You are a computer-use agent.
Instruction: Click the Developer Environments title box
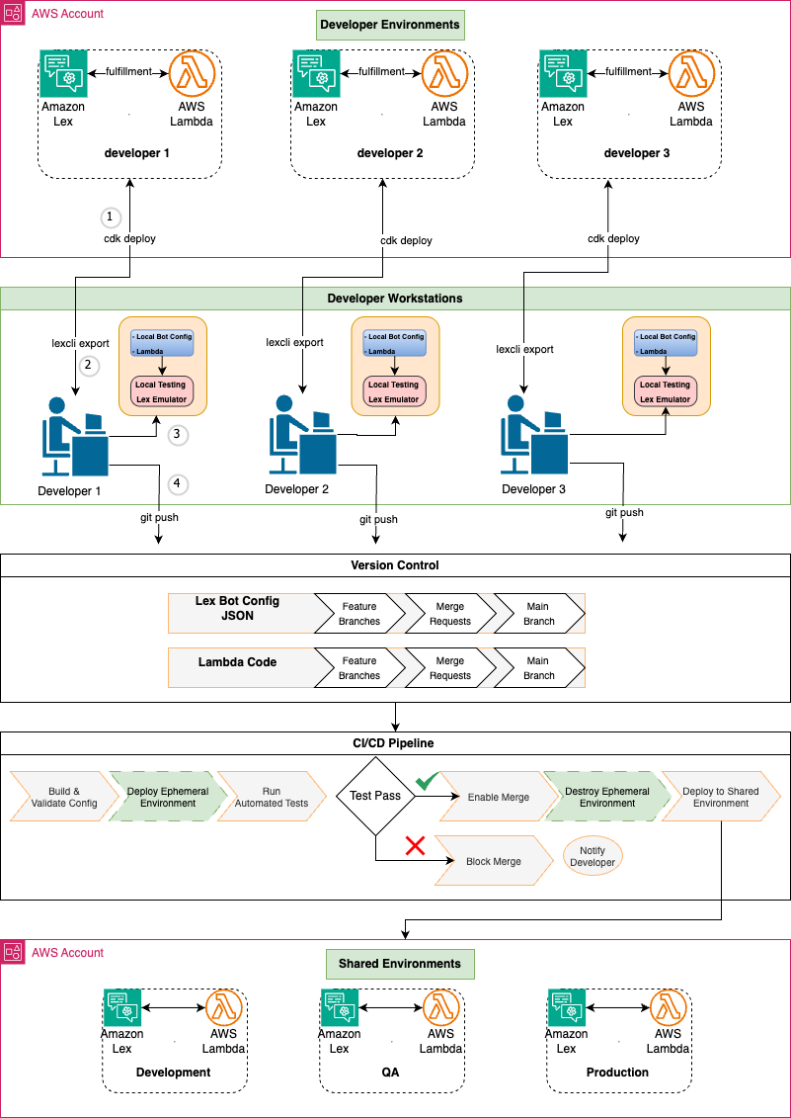[390, 25]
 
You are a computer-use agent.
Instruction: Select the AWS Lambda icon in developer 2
[445, 74]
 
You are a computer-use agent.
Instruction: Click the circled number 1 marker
[110, 216]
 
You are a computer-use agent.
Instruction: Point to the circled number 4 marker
[177, 484]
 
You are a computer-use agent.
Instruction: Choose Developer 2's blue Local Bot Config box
[395, 343]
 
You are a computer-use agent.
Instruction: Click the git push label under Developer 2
[378, 519]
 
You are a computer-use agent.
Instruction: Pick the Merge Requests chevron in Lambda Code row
[449, 668]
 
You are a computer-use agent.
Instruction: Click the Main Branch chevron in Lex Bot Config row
[539, 613]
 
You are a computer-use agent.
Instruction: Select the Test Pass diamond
[375, 796]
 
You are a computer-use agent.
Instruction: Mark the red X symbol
[416, 845]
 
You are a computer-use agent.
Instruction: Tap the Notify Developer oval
[593, 856]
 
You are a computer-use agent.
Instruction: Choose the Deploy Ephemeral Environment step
[167, 797]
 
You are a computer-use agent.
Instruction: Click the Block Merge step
[494, 861]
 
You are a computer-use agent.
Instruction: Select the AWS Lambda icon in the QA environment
[440, 1007]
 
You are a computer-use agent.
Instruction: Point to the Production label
[617, 1072]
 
